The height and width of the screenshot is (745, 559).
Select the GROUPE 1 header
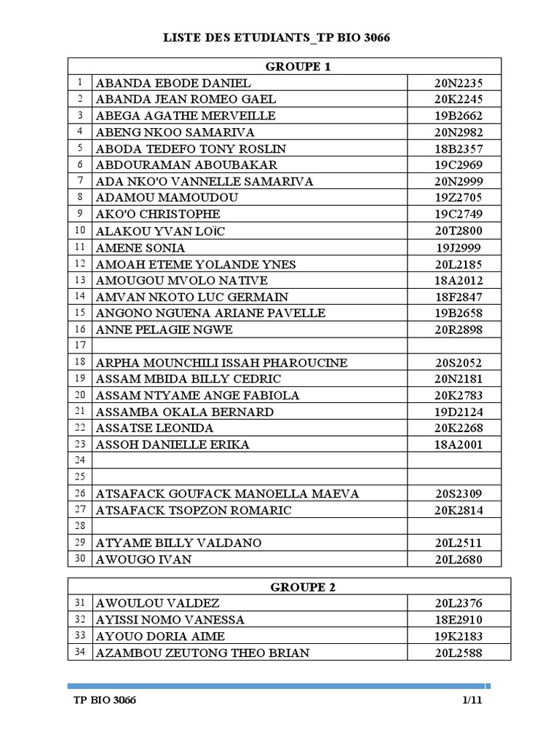pos(298,67)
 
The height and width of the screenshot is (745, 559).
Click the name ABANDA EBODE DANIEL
pos(173,83)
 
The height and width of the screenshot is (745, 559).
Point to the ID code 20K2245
pos(459,100)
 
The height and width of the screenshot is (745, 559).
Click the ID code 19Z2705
pos(459,198)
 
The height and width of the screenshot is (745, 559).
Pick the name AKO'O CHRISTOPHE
pos(158,215)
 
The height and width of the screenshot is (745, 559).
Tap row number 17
pos(80,346)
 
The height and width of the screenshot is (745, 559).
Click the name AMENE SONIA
pos(140,247)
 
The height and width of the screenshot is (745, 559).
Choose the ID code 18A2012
pos(459,280)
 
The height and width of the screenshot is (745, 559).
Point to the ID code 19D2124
pos(459,412)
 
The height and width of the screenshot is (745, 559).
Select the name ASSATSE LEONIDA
pos(154,428)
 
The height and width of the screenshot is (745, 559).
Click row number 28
pos(80,526)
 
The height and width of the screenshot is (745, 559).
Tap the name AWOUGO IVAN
pos(144,559)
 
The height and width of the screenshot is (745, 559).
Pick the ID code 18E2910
pos(459,620)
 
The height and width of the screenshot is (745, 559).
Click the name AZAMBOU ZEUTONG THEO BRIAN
pos(202,653)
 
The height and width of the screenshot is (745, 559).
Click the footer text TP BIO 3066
pos(105,701)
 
